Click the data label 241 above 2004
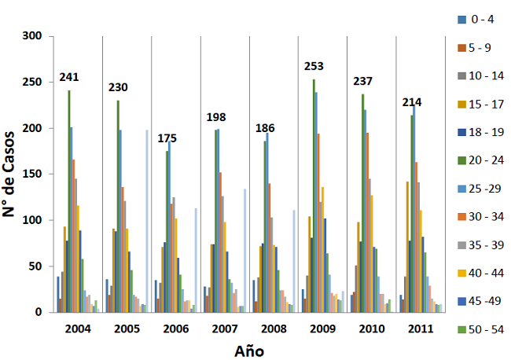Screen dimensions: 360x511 (71, 77)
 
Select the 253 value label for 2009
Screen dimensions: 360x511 (314, 66)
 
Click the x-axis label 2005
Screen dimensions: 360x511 (127, 327)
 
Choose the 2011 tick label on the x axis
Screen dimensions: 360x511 (421, 327)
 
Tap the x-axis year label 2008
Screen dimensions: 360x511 (274, 327)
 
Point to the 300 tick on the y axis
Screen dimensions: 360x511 (33, 36)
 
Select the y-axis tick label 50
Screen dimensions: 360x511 (36, 266)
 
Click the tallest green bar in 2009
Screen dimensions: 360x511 (314, 197)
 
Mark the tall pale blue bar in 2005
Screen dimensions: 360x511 (146, 220)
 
